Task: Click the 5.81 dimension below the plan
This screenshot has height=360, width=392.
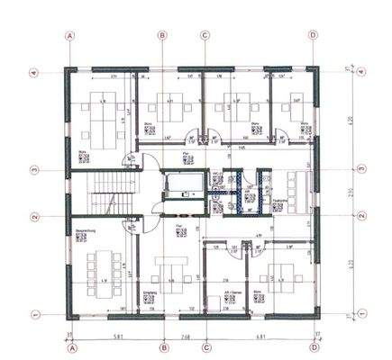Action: point(116,337)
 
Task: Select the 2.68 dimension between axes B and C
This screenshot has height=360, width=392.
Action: point(184,337)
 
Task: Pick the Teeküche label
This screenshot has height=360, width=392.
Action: point(278,200)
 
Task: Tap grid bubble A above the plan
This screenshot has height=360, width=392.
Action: point(71,36)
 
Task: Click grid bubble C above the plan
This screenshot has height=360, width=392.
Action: point(205,36)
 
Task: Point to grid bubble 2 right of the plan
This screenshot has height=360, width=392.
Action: point(360,216)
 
